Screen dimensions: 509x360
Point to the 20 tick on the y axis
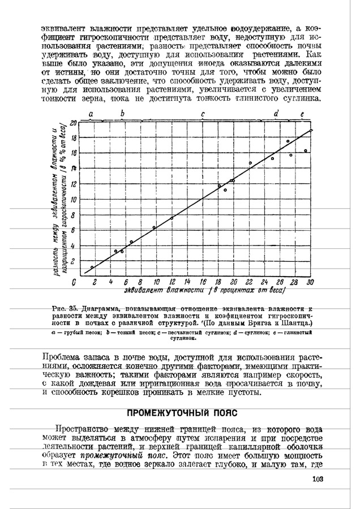[x=73, y=122]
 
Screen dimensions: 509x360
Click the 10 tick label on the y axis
[x=72, y=200]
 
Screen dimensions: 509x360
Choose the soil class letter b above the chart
[x=122, y=114]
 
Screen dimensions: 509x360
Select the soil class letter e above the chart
[x=302, y=114]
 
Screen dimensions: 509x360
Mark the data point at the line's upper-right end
[x=311, y=131]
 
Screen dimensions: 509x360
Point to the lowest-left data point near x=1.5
[x=92, y=267]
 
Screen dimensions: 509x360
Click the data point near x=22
[x=250, y=163]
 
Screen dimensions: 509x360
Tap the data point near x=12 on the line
[x=172, y=218]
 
